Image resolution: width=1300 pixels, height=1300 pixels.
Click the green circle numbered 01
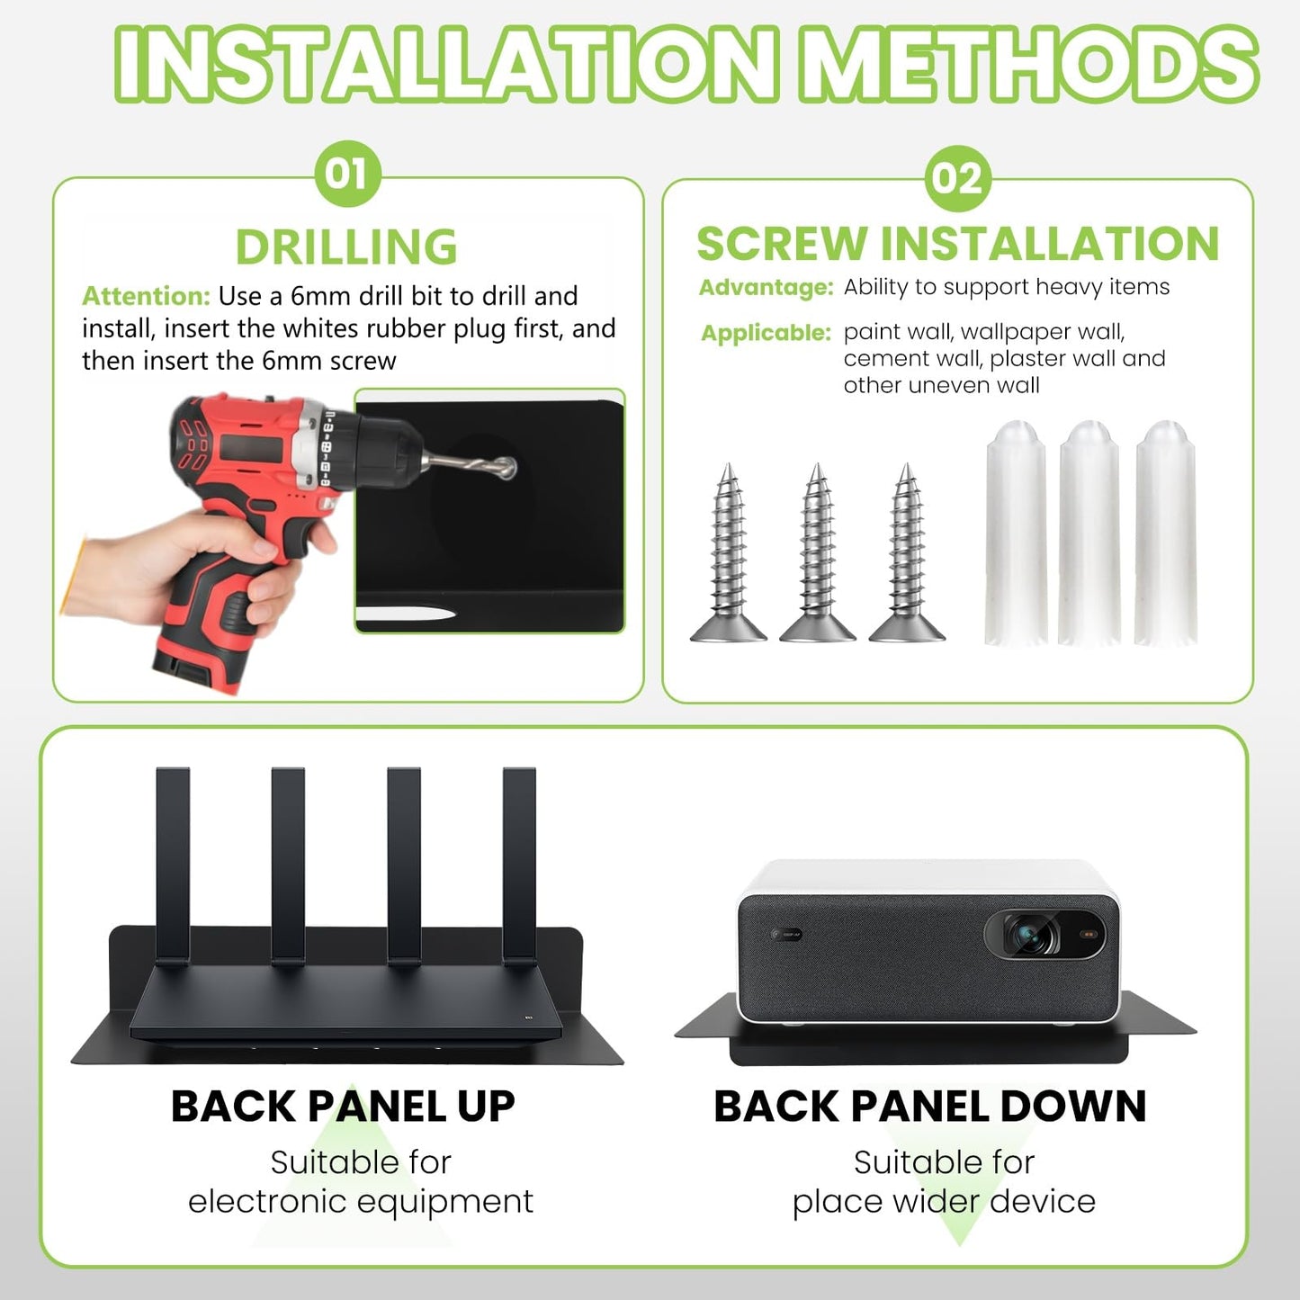click(348, 174)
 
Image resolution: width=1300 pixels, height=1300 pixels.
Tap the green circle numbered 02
click(957, 179)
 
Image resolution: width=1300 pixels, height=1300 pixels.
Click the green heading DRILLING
click(346, 247)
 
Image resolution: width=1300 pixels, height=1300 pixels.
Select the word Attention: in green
click(147, 296)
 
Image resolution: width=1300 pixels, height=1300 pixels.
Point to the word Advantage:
click(767, 288)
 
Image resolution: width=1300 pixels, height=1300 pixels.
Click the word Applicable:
click(766, 333)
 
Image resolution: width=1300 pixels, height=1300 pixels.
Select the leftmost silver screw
click(728, 551)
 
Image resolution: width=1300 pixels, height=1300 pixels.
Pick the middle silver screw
click(818, 551)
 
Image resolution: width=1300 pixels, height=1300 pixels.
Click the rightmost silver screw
click(907, 551)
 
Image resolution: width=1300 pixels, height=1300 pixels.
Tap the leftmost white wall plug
click(1016, 533)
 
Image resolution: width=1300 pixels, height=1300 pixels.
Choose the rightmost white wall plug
click(1166, 533)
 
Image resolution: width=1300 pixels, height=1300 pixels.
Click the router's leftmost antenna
click(173, 866)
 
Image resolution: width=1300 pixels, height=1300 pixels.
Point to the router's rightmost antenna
click(519, 866)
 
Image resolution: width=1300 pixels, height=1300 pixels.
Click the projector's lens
click(1030, 935)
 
